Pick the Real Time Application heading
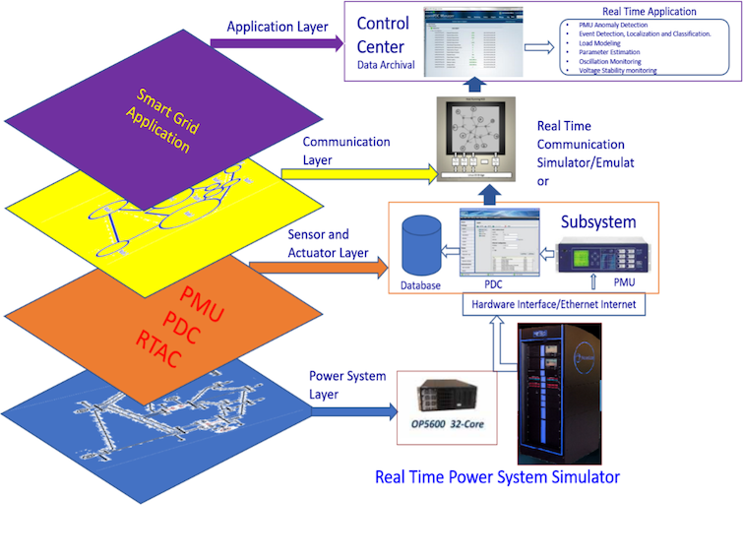(649, 12)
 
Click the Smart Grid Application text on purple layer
(163, 117)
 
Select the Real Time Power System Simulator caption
(497, 477)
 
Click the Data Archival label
(386, 64)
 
